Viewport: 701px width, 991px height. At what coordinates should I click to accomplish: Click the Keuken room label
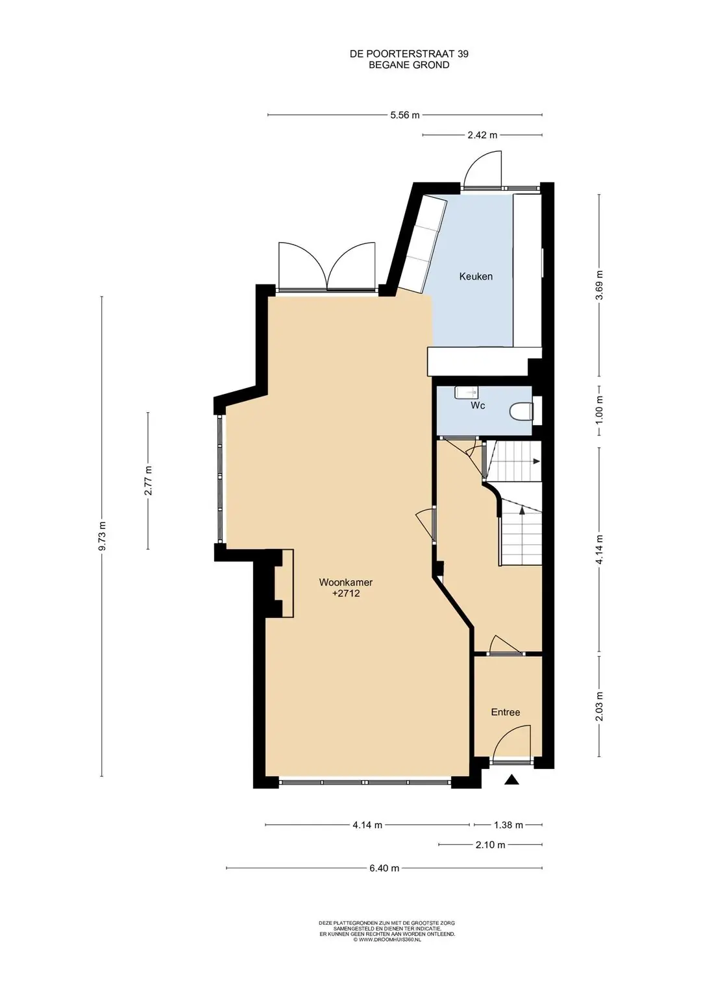(476, 276)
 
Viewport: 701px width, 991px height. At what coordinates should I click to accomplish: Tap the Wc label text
(478, 405)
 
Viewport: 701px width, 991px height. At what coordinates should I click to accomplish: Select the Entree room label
(506, 713)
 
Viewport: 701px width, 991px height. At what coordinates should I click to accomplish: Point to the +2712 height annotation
(345, 594)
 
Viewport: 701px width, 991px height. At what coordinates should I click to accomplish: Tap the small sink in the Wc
(466, 391)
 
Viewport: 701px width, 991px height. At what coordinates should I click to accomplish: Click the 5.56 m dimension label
(404, 116)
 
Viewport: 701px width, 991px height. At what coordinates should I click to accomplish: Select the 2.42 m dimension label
(482, 136)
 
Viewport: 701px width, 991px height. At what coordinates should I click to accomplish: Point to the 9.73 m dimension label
(103, 536)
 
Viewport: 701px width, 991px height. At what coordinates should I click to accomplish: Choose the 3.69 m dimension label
(599, 285)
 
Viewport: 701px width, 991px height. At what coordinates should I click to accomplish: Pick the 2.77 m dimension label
(148, 481)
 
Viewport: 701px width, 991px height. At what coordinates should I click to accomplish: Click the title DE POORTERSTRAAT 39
(409, 54)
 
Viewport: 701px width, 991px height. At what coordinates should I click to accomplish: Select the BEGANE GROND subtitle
(409, 65)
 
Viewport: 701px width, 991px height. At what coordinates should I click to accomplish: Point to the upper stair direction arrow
(535, 461)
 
